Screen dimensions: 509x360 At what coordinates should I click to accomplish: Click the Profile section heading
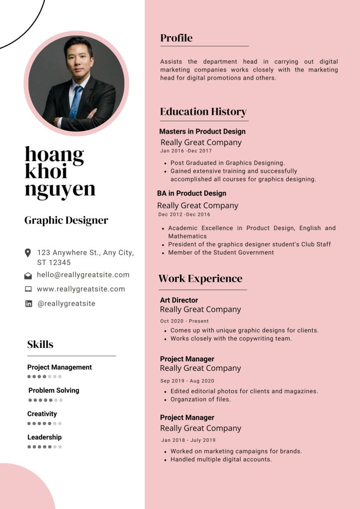pos(177,38)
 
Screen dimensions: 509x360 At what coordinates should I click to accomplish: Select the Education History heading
pos(203,112)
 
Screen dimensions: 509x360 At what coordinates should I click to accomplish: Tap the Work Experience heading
pos(200,279)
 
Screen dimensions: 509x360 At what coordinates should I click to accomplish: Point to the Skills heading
pos(40,344)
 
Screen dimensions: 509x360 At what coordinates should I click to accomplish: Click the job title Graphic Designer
pos(66,221)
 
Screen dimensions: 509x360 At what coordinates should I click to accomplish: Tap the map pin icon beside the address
pos(28,253)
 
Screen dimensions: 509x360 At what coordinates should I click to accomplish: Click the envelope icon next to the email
pos(28,275)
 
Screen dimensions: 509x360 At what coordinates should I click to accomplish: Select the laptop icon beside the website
pos(28,289)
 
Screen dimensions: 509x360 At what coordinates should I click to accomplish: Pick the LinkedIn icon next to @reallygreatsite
pos(28,304)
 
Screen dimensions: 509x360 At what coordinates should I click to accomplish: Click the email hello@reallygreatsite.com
pos(83,275)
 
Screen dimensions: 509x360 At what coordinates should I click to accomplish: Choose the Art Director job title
pos(179,300)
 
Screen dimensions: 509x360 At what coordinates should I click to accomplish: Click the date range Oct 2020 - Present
pos(184,321)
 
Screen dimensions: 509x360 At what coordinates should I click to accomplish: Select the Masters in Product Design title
pos(202,132)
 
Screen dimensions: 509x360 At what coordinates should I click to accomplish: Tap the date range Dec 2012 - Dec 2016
pos(184,215)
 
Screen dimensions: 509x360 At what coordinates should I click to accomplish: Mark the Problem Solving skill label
pos(54,391)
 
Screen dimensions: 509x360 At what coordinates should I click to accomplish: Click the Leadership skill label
pos(45,437)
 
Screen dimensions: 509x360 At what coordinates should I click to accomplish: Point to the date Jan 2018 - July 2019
pos(188,440)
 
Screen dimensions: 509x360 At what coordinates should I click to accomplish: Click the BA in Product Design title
pos(191,193)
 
